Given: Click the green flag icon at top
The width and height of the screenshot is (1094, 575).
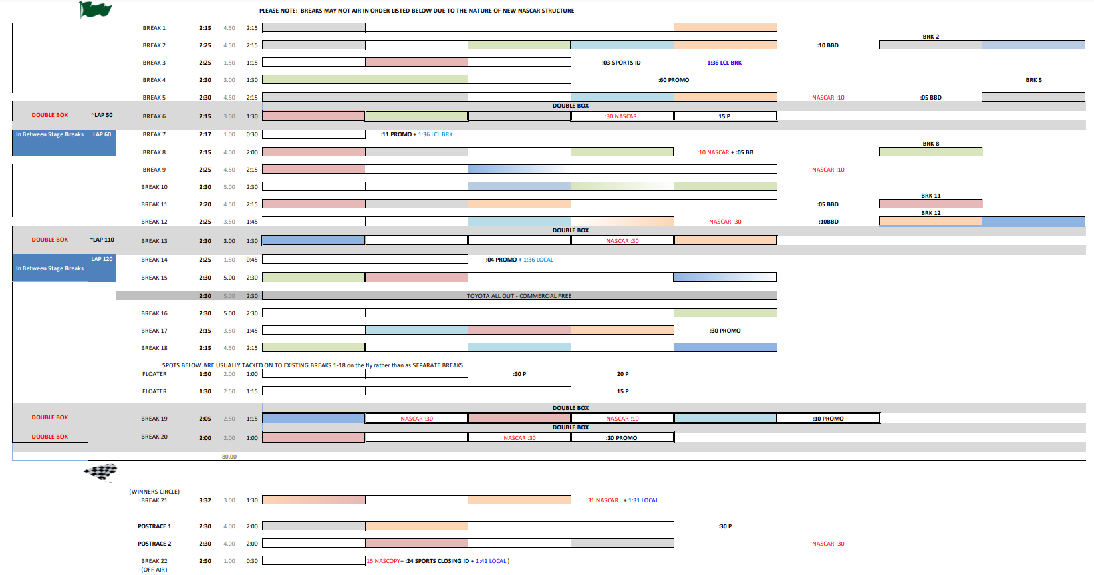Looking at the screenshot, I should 95,9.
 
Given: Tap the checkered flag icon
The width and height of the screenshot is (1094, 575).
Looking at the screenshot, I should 100,472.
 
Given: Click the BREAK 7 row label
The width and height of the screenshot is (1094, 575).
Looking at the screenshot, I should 154,134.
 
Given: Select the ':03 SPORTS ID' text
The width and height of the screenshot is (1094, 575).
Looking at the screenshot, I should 622,63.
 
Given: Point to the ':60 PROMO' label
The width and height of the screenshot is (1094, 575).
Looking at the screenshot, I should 674,80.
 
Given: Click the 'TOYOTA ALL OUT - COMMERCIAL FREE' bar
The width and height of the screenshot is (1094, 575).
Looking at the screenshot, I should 519,295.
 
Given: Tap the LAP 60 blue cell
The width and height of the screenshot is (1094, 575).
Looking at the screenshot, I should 102,134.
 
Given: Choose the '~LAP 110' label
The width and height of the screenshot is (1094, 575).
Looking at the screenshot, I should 102,240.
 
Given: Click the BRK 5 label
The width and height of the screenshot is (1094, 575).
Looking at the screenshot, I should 1033,80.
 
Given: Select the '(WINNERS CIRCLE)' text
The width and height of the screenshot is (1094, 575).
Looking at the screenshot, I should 154,492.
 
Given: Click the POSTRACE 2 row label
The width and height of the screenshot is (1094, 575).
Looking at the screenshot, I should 154,544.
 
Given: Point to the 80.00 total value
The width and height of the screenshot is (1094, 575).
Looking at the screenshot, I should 229,457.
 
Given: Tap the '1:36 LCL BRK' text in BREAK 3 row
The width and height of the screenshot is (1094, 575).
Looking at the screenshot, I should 724,63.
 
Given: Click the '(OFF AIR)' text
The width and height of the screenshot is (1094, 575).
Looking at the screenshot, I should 154,570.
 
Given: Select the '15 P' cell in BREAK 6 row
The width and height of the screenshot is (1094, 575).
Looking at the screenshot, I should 724,116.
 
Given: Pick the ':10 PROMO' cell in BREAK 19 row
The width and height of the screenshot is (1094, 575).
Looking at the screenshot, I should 828,419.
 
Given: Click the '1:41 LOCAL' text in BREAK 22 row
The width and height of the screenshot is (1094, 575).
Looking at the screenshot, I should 491,561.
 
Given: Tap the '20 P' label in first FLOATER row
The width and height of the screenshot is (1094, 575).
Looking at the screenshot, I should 622,374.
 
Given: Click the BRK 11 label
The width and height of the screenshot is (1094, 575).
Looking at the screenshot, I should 930,196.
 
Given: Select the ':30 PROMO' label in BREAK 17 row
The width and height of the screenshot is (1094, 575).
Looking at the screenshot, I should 725,331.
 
